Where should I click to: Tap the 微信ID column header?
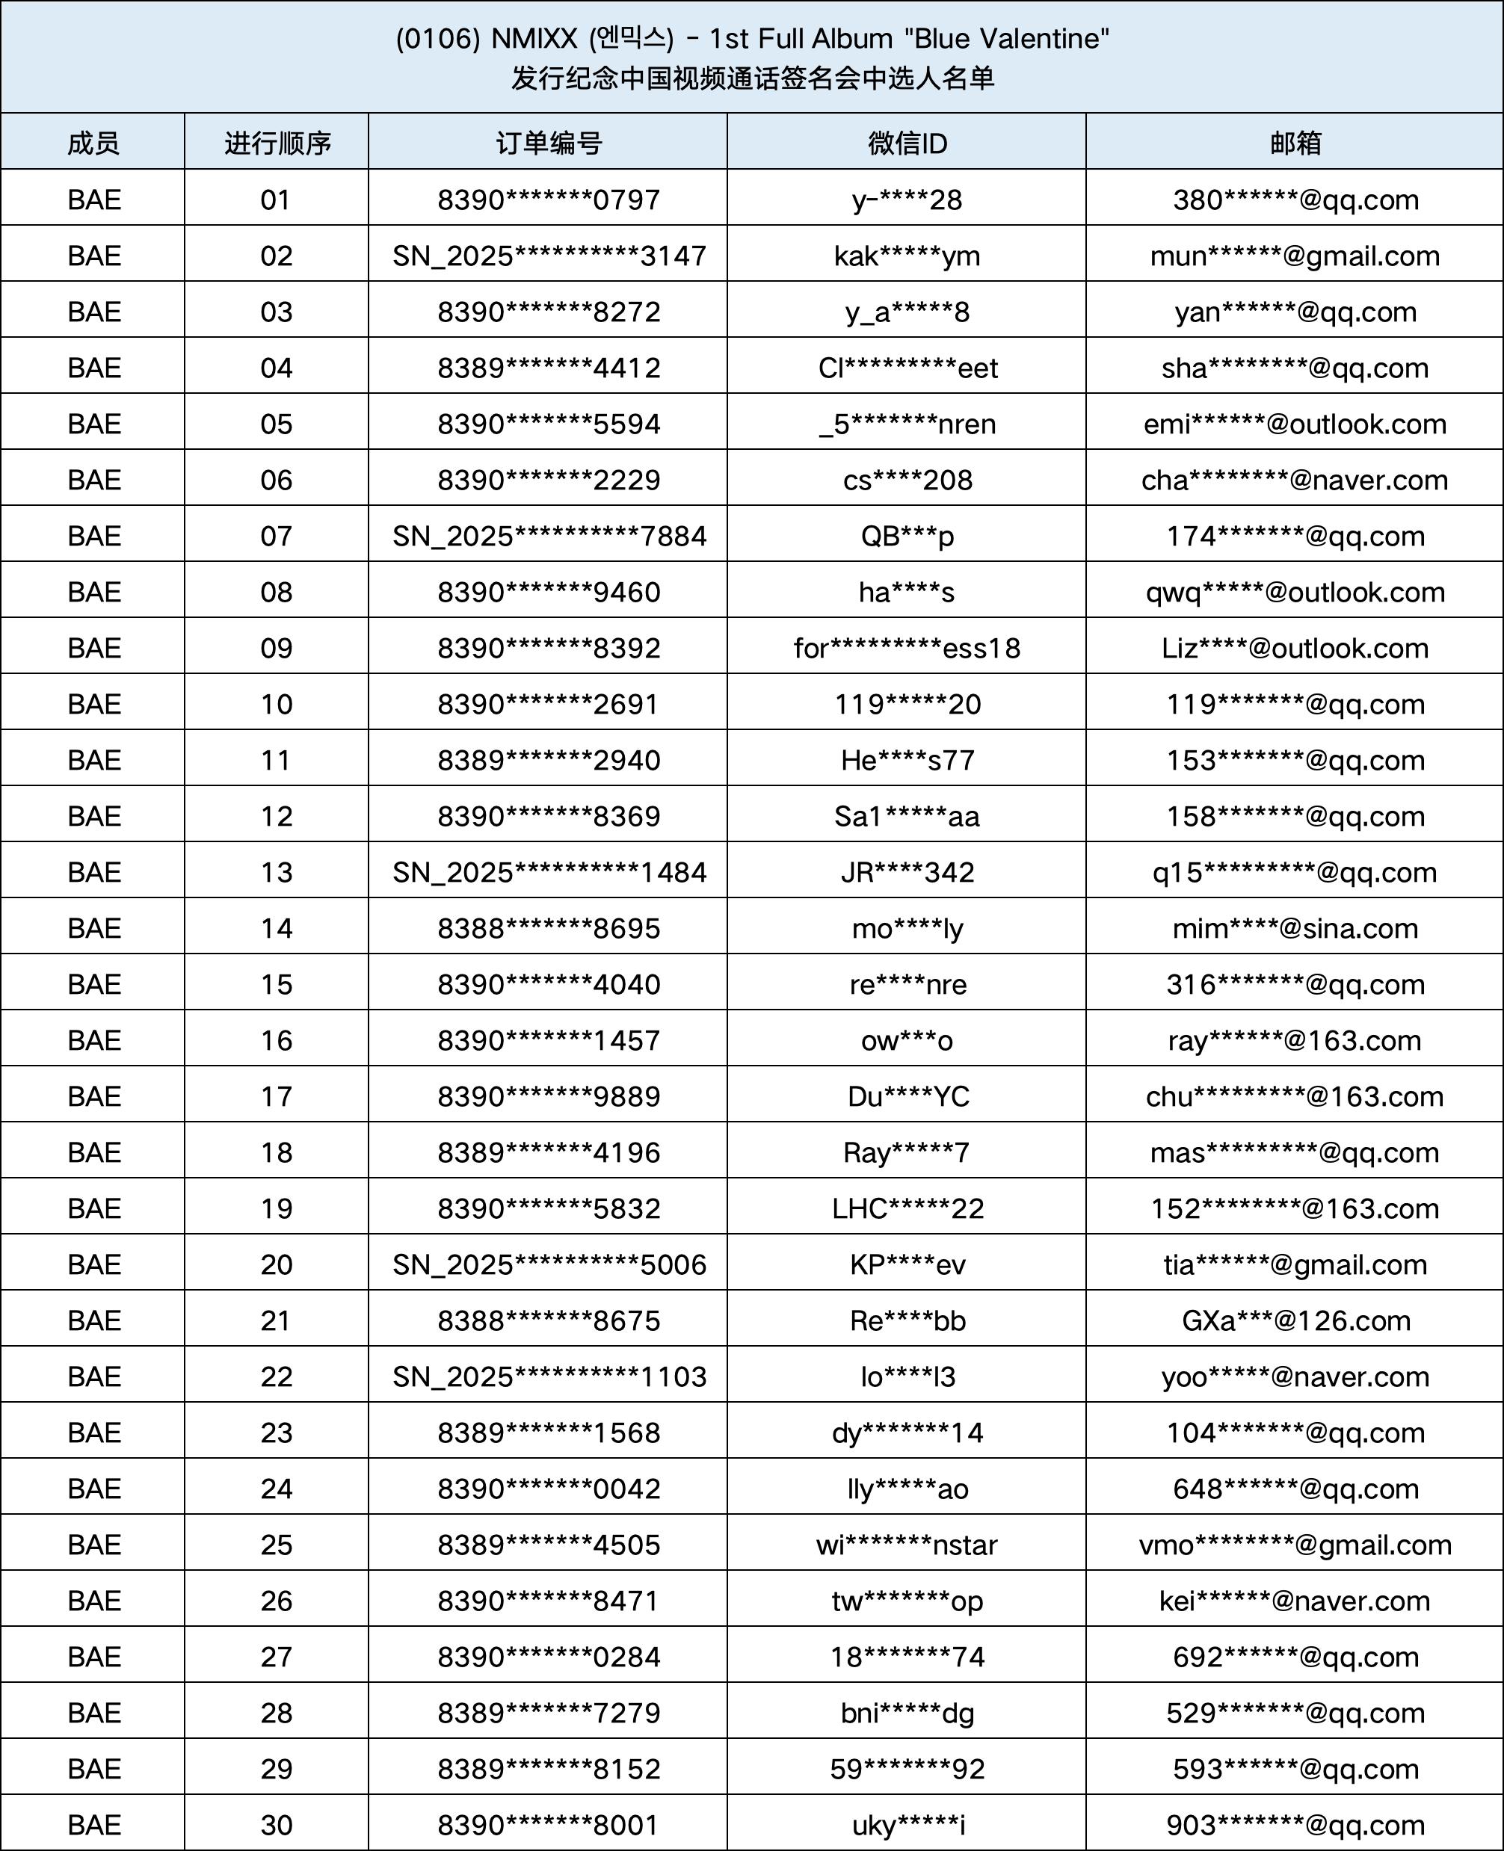click(x=906, y=143)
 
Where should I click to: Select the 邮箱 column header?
click(x=1295, y=143)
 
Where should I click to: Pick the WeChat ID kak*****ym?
click(x=906, y=256)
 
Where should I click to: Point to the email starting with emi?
click(x=1295, y=424)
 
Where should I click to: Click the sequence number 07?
click(x=276, y=536)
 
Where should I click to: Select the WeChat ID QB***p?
click(x=906, y=536)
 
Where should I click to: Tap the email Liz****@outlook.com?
click(x=1295, y=648)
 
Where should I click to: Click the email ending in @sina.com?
click(x=1295, y=929)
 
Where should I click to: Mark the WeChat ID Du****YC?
click(x=906, y=1096)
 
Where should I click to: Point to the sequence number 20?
click(x=276, y=1264)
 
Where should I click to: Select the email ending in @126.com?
click(x=1295, y=1321)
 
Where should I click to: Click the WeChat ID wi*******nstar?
click(x=906, y=1545)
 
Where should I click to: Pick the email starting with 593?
click(x=1295, y=1769)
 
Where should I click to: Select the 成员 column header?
click(x=93, y=143)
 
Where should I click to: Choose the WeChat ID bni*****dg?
click(x=906, y=1713)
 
